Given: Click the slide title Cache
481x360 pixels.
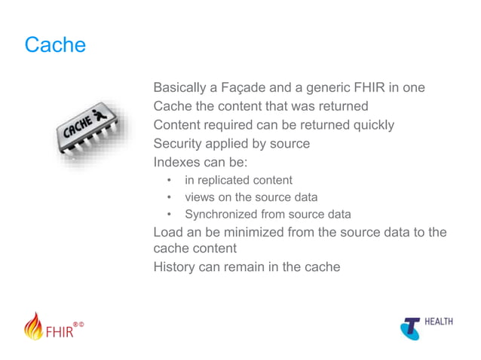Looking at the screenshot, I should (x=55, y=45).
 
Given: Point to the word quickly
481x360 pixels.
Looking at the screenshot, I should (x=369, y=125).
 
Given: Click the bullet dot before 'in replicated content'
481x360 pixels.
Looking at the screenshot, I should (x=170, y=181).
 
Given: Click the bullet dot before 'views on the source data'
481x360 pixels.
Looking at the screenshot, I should (x=170, y=198).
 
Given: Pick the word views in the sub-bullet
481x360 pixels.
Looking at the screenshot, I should (x=201, y=197).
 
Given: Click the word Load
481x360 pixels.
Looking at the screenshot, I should (x=167, y=232).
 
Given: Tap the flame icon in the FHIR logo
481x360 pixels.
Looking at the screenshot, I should (x=34, y=326).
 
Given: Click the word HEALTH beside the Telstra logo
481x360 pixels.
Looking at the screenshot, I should (x=439, y=322).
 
